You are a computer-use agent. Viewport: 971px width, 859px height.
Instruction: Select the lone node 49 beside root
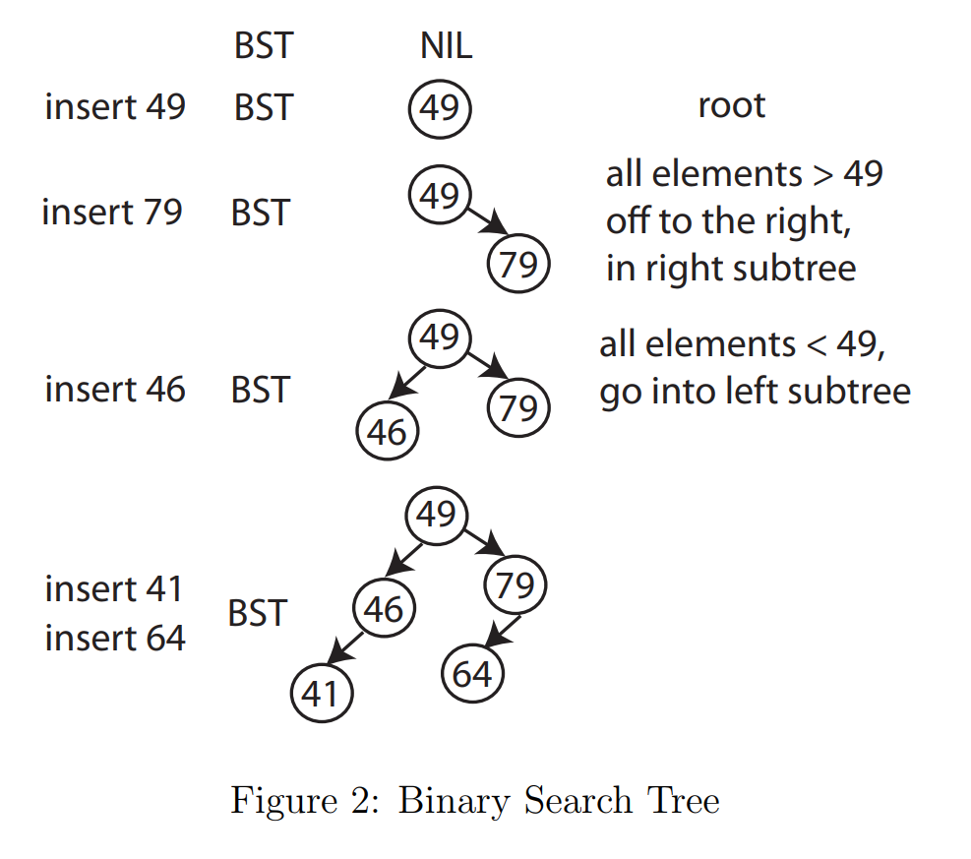click(x=440, y=108)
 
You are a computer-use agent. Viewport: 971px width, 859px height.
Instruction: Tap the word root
click(x=731, y=106)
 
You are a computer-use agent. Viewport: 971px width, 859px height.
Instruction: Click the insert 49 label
click(x=115, y=106)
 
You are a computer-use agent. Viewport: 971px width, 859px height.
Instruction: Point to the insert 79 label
click(x=112, y=212)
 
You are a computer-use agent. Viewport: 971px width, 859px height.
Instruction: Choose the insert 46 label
click(x=115, y=390)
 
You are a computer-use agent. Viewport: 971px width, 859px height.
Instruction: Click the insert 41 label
click(x=114, y=589)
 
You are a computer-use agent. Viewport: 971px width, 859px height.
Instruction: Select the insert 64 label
click(x=115, y=639)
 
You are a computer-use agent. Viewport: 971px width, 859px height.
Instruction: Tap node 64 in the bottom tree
click(x=472, y=675)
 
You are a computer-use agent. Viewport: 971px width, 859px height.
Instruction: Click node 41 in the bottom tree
click(x=321, y=695)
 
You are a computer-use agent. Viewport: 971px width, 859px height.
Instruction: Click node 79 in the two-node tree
click(x=517, y=265)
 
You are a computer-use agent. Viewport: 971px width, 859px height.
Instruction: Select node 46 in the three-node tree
click(x=387, y=432)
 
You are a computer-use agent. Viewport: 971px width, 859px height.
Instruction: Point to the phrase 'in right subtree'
click(x=730, y=268)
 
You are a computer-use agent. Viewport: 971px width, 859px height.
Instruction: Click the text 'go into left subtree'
click(x=755, y=392)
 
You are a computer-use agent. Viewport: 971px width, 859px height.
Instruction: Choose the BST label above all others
click(x=263, y=45)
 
